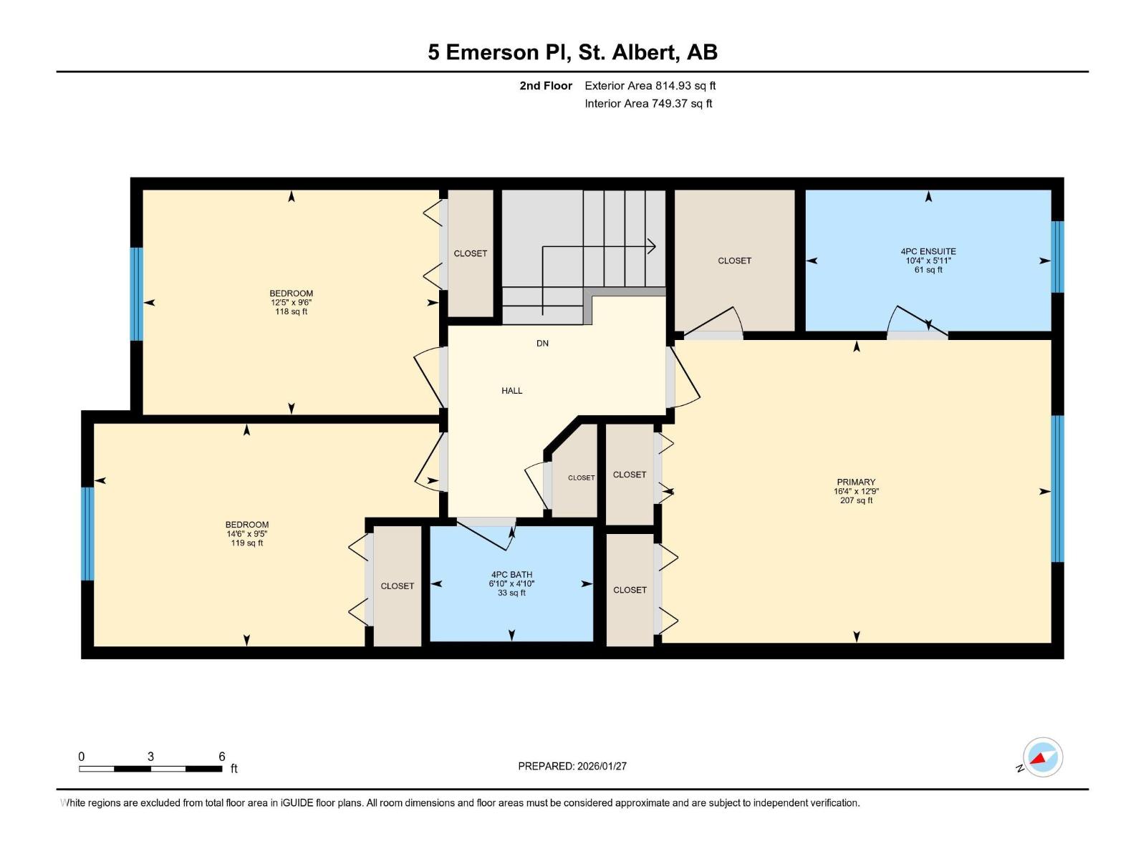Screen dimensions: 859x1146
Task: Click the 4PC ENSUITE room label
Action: pos(928,251)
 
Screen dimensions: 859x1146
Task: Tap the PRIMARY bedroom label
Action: pos(856,482)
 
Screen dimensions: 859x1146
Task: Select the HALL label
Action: pos(511,391)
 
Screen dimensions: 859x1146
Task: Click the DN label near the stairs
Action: pos(542,344)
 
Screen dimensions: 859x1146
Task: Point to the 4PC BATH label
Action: pos(511,575)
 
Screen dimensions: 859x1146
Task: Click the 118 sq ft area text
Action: pos(291,311)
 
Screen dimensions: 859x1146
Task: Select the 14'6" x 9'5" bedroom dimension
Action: pos(246,534)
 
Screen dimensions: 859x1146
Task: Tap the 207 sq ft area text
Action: pos(856,500)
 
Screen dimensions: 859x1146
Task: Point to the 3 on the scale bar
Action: pos(150,757)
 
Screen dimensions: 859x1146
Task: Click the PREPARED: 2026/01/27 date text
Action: pos(572,766)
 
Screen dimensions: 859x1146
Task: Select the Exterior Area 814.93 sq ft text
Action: pos(650,86)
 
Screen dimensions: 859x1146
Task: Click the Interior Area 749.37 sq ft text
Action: pos(648,104)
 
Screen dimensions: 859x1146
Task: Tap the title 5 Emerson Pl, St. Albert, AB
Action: pos(572,52)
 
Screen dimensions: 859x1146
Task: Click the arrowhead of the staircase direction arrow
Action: pos(653,247)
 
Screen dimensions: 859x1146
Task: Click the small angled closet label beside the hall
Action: pos(581,478)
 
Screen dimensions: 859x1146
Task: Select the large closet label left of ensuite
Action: pos(734,261)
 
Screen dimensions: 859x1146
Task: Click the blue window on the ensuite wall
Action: pos(1057,257)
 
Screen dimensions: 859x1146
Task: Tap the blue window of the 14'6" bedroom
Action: pos(87,533)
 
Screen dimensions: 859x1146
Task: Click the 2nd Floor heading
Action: pos(546,86)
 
